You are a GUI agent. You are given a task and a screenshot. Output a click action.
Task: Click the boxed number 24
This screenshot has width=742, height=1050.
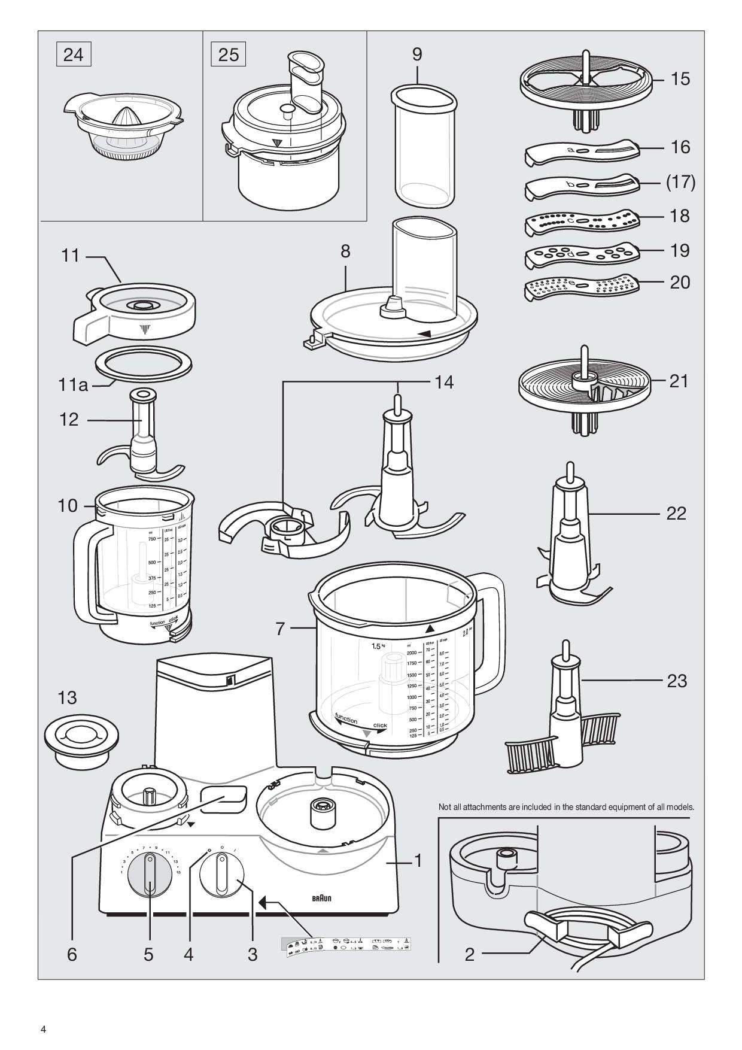coord(74,55)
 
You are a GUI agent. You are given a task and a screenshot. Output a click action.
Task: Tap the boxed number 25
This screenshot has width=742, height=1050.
coord(229,55)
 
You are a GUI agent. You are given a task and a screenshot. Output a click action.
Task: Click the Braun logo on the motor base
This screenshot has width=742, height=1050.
coord(322,898)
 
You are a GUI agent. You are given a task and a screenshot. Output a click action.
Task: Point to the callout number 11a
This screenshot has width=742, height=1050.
coord(73,384)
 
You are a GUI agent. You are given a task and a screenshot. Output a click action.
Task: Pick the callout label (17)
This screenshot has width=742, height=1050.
coord(680,182)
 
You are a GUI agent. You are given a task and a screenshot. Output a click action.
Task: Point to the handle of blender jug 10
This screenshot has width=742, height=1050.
coord(84,569)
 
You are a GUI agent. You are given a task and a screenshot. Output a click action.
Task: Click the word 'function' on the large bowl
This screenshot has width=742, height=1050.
coord(346,718)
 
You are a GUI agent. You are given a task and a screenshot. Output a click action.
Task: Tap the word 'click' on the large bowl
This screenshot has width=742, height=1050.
coord(380,726)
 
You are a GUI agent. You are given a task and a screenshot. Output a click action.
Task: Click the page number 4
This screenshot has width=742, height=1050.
coord(43,1030)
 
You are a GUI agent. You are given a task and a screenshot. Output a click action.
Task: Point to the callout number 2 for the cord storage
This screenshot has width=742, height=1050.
coord(470,954)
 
